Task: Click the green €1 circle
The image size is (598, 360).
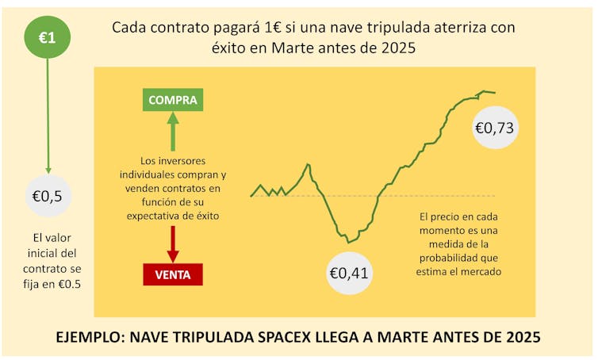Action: tap(48, 36)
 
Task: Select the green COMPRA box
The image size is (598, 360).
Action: tap(172, 100)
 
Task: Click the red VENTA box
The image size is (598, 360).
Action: tap(172, 274)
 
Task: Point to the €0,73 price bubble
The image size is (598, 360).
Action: tap(496, 126)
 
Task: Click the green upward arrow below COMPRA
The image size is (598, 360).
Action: tap(172, 130)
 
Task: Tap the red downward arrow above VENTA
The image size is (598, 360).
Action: tap(172, 243)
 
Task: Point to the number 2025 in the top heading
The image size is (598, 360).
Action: tap(397, 48)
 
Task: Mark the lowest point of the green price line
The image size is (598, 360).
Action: tap(347, 242)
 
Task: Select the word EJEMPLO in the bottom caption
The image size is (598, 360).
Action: tap(90, 336)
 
